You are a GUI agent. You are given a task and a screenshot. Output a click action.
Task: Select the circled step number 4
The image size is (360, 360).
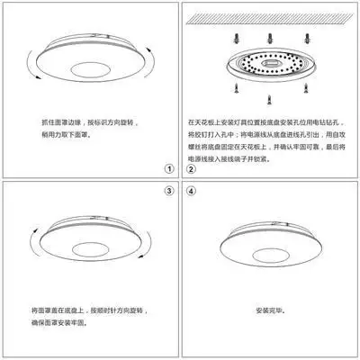pyautogui.click(x=191, y=192)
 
